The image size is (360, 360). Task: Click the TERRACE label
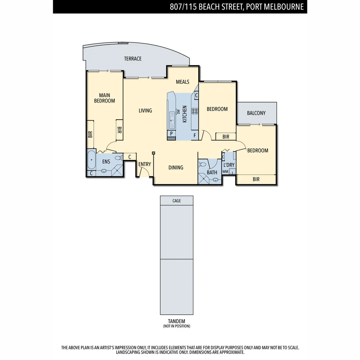(133, 59)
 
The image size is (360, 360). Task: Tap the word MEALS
(182, 82)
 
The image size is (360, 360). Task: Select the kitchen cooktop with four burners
(194, 111)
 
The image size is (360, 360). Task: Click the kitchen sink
(172, 120)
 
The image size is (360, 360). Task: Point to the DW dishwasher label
(178, 112)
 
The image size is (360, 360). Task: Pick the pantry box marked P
(171, 133)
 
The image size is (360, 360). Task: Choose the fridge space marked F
(195, 136)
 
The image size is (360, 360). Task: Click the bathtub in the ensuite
(91, 160)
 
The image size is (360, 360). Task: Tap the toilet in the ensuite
(118, 158)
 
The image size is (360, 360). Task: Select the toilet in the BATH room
(203, 164)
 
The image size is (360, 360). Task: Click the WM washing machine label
(225, 171)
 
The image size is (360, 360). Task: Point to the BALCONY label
(256, 113)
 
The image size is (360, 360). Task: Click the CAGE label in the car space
(177, 201)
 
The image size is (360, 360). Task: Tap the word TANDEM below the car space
(177, 321)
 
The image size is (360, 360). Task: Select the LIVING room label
(145, 110)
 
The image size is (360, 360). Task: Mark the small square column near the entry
(153, 153)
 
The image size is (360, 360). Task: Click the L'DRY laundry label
(229, 165)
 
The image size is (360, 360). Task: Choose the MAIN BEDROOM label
(104, 98)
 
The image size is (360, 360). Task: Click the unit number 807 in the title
(177, 7)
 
